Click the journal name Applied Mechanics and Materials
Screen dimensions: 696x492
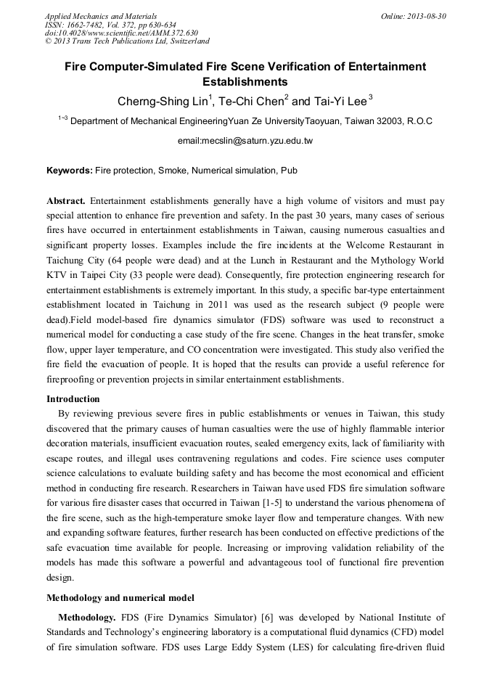tap(100, 15)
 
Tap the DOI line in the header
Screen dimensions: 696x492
tap(121, 33)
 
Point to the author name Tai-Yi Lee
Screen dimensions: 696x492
tap(341, 100)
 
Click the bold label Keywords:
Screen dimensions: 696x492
tap(69, 171)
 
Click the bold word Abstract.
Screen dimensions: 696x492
tap(67, 200)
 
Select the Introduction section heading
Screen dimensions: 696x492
tap(73, 398)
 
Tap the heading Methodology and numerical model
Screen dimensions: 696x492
tap(120, 597)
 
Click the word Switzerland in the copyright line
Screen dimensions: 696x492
tap(186, 41)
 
